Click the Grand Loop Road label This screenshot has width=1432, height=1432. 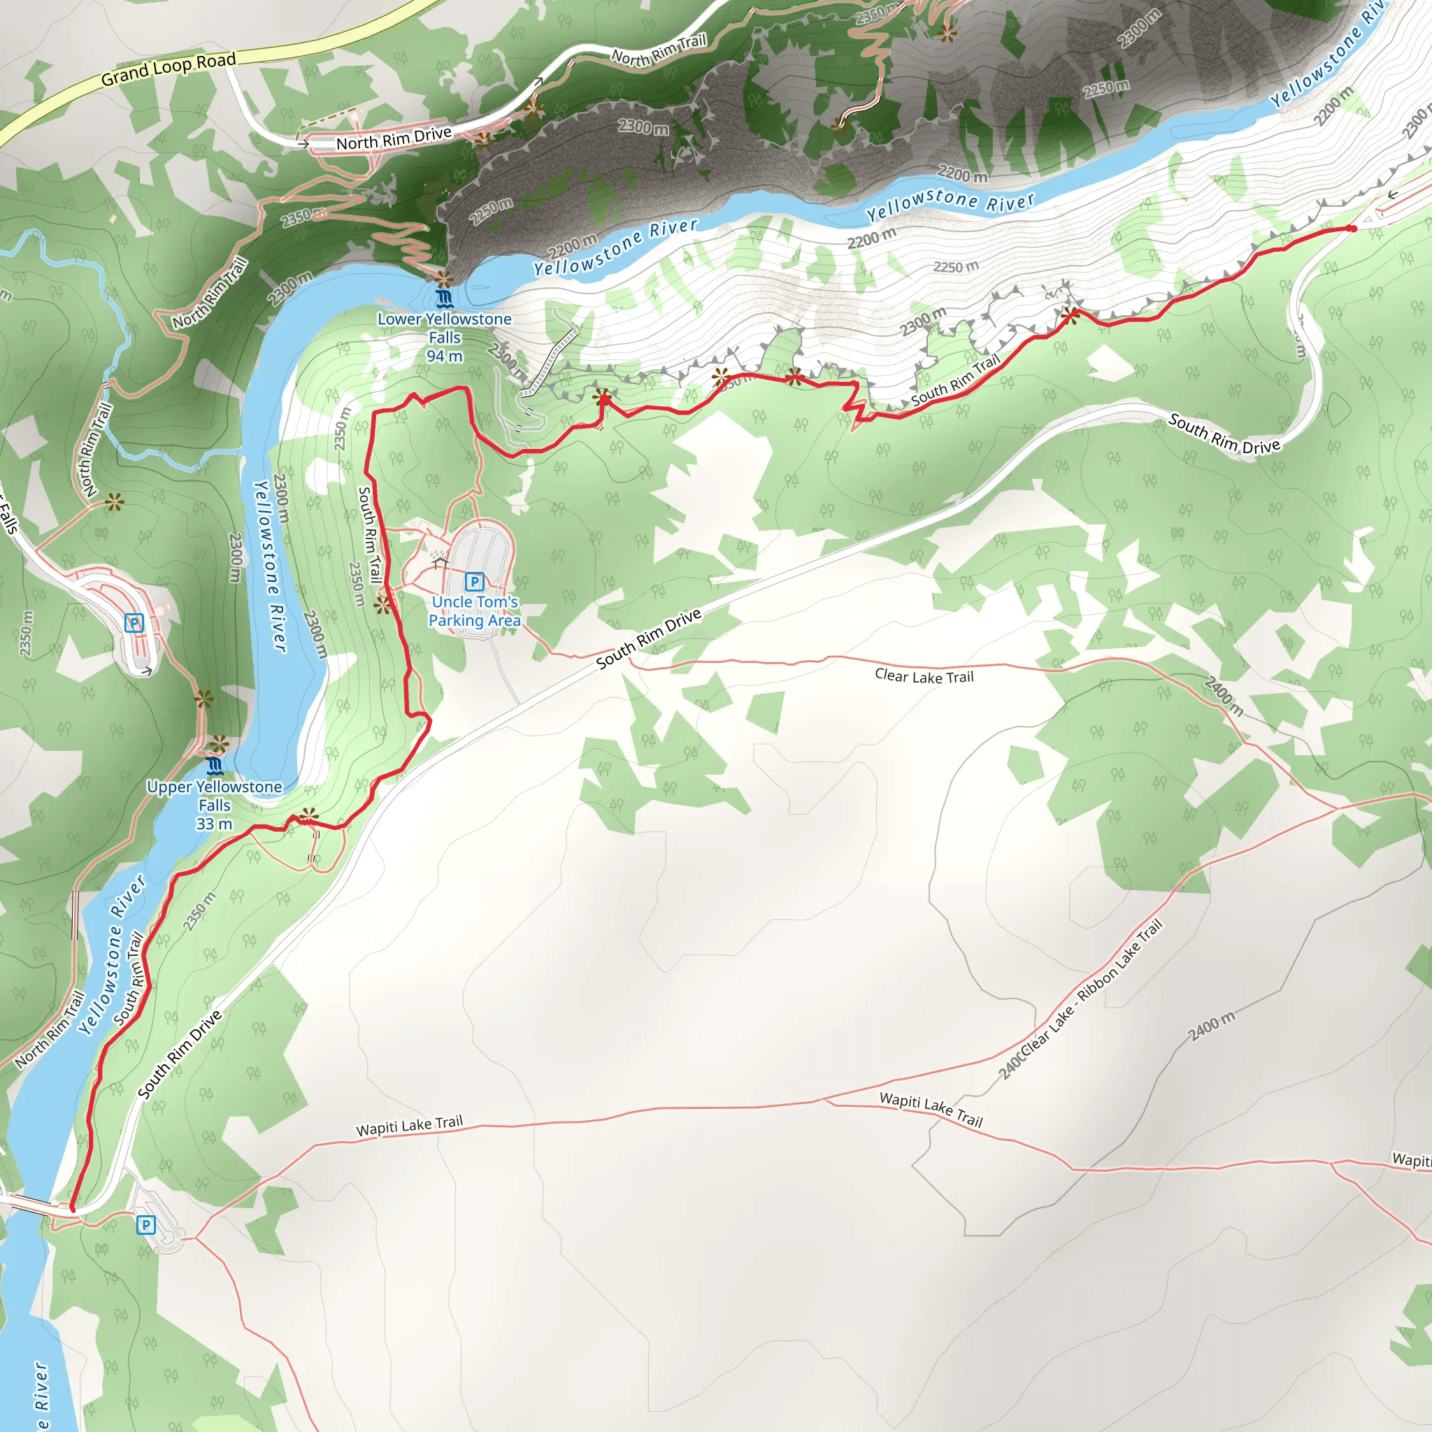169,69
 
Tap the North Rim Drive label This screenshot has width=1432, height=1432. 394,138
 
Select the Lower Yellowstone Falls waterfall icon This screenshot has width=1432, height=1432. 444,299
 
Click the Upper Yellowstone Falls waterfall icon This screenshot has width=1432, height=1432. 215,766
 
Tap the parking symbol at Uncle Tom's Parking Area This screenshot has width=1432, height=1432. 474,582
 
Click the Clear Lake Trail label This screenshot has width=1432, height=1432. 924,676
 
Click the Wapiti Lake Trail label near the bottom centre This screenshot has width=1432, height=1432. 409,1126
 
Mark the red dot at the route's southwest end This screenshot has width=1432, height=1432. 73,1209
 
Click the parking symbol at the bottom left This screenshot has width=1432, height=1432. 146,1225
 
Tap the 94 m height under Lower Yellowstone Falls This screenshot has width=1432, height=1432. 444,357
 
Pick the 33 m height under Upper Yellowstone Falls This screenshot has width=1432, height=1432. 214,824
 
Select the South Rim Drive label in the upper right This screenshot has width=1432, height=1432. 1224,434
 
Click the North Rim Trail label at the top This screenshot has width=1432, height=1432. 658,49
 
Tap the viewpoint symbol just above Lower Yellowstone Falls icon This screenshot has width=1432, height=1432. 444,280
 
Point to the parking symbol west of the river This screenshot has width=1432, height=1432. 134,622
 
